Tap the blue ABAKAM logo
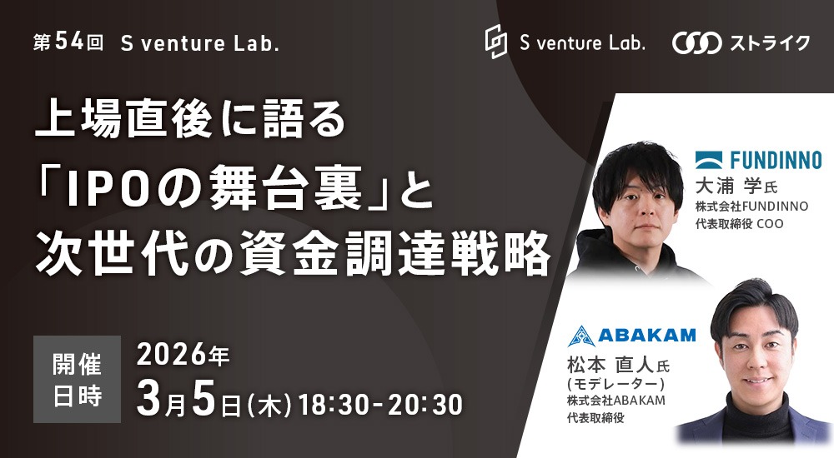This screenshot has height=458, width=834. pos(631,336)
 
